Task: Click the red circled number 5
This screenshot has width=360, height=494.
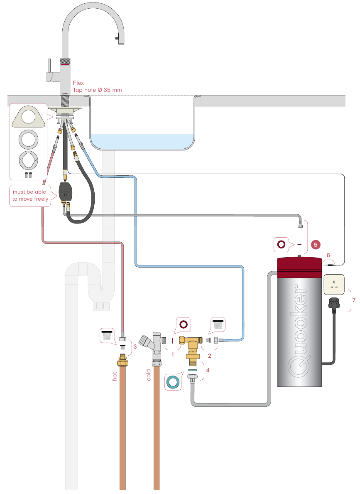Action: [x=315, y=245]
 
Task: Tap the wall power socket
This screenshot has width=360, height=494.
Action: [x=334, y=285]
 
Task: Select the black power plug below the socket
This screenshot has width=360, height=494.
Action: [x=334, y=303]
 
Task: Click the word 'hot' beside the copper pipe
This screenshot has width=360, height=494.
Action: [x=115, y=376]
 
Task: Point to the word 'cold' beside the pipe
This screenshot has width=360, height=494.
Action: [x=149, y=375]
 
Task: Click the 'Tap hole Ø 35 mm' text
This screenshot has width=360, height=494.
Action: [x=97, y=90]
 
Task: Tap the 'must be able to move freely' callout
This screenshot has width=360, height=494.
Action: [x=30, y=195]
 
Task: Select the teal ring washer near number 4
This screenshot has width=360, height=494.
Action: [x=173, y=382]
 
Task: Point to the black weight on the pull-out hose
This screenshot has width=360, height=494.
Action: [x=66, y=191]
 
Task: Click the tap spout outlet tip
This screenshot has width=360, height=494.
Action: [x=120, y=40]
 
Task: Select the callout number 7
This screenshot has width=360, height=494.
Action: [x=354, y=300]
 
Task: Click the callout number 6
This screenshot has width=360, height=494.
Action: [x=328, y=255]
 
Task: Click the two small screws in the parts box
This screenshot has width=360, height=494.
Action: [x=28, y=175]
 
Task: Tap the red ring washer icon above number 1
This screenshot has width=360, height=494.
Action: [x=183, y=324]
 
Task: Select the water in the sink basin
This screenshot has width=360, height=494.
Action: [x=142, y=142]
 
